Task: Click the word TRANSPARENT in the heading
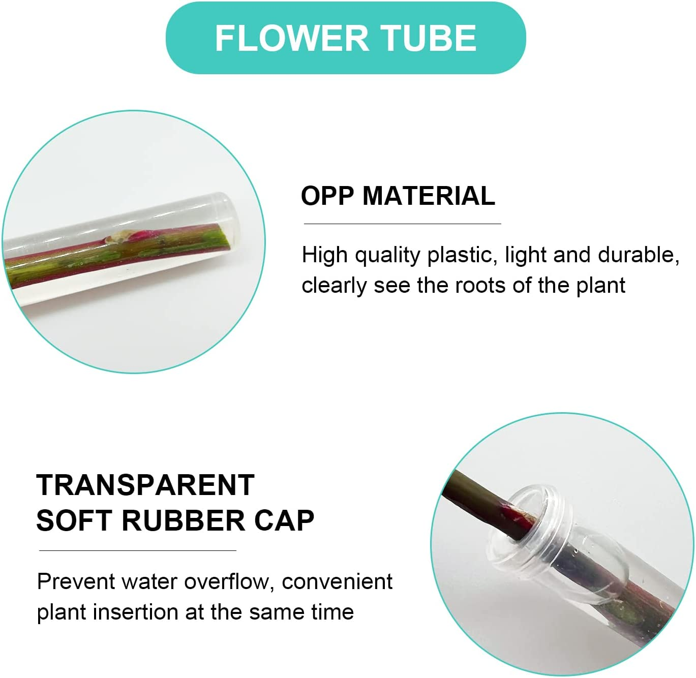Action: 145,485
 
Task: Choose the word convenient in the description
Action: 337,581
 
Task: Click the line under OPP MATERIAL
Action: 402,224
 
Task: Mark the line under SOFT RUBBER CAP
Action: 137,550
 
